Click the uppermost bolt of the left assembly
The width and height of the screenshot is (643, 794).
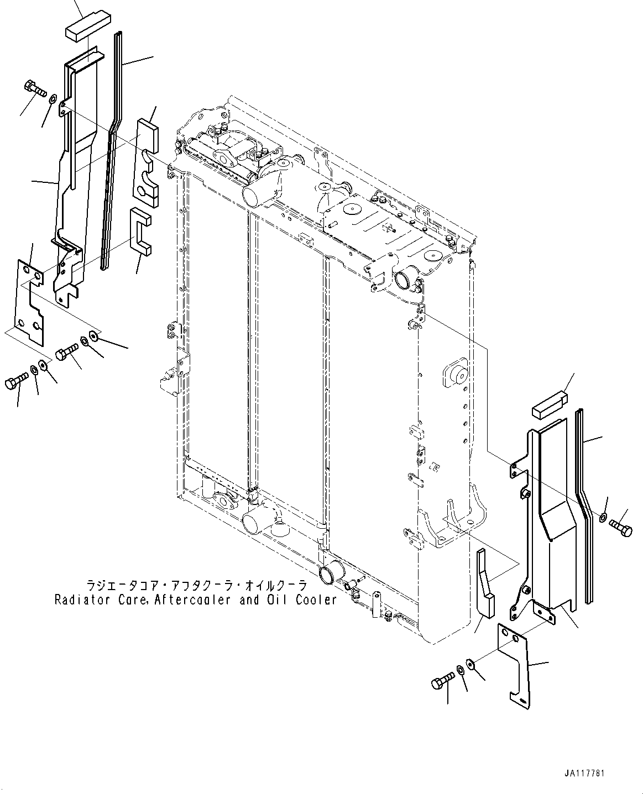pyautogui.click(x=34, y=88)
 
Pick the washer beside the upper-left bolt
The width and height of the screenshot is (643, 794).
pyautogui.click(x=52, y=100)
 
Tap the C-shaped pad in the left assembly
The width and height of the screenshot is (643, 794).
pyautogui.click(x=140, y=232)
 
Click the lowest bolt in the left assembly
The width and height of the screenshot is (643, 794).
pyautogui.click(x=15, y=381)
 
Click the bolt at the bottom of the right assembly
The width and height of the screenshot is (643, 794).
pyautogui.click(x=442, y=681)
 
